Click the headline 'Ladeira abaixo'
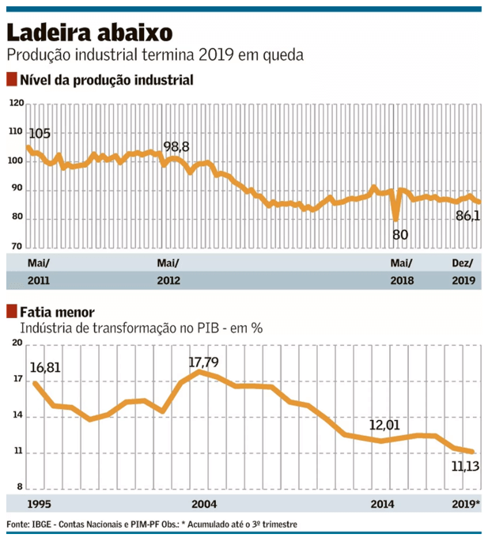86,33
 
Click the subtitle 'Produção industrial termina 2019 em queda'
154,55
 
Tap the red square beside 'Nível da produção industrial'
12,80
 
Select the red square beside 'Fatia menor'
12,311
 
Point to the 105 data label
40,133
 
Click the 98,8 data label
176,147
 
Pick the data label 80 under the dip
401,234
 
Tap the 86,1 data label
466,214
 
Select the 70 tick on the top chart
16,247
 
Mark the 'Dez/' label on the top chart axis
462,263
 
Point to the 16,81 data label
45,367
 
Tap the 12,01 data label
387,426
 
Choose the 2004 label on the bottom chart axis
204,504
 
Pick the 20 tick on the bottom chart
16,343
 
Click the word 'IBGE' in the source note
40,525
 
